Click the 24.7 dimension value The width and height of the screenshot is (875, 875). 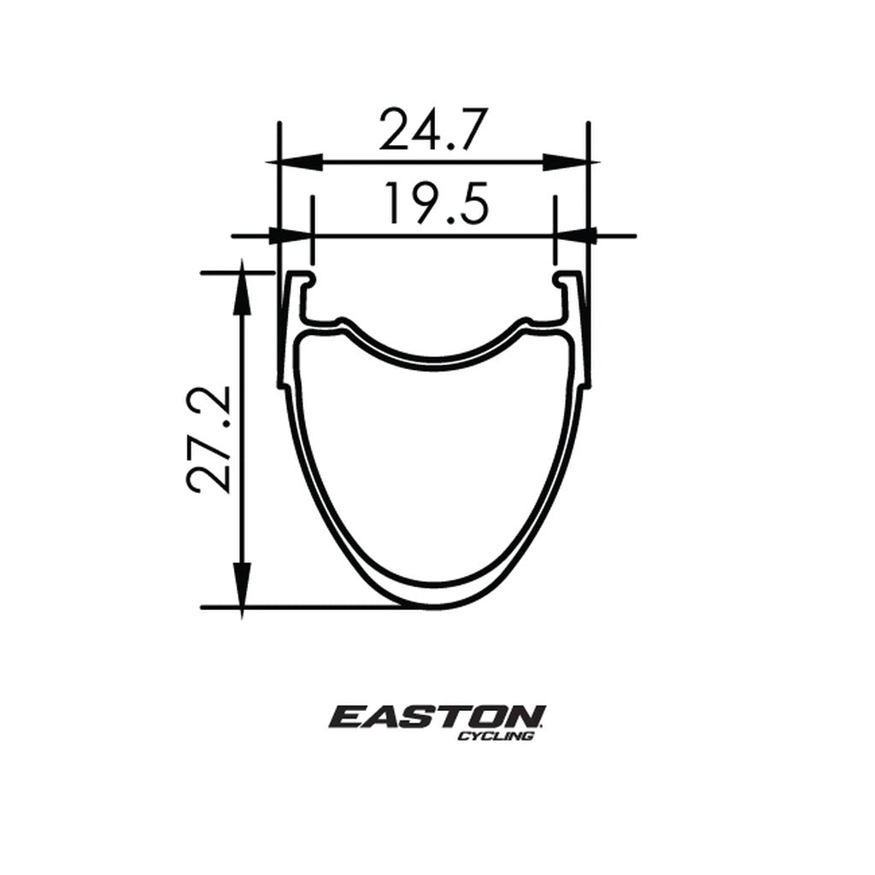[433, 129]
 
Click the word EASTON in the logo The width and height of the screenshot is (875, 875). [437, 716]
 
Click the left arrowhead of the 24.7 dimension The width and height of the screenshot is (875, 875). [296, 161]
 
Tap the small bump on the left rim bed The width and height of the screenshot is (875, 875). [343, 322]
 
